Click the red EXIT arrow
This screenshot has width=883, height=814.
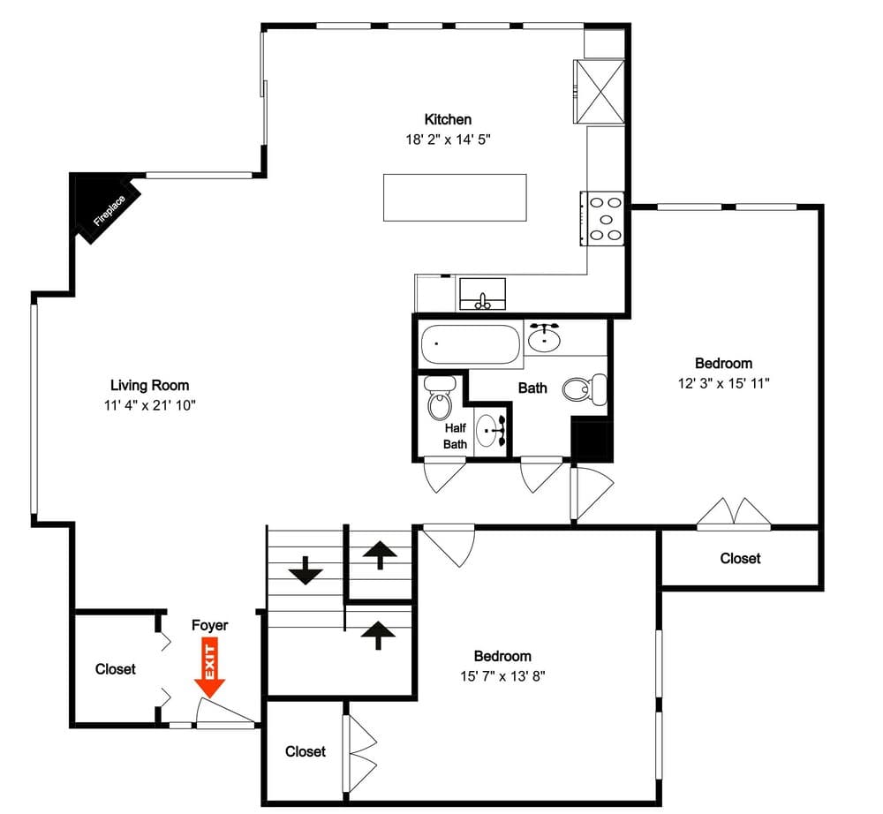[209, 667]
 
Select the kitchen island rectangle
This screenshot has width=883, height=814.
[455, 198]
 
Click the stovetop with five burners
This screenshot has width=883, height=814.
[602, 218]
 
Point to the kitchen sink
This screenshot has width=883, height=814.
[483, 294]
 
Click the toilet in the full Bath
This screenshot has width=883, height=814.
[585, 388]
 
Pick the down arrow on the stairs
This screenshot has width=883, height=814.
[306, 570]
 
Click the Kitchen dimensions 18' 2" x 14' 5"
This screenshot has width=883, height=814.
[449, 139]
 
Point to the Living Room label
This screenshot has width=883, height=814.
[150, 386]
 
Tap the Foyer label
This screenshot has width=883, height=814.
[209, 625]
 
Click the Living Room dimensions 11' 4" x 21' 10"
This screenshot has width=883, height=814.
[150, 405]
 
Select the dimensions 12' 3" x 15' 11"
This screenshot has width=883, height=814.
[724, 383]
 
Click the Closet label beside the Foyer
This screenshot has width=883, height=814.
[116, 669]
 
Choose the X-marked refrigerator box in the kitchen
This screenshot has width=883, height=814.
[600, 91]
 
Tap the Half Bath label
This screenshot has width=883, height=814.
[455, 436]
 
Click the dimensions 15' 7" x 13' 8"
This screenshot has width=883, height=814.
[503, 676]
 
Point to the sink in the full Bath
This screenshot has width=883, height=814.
[544, 337]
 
